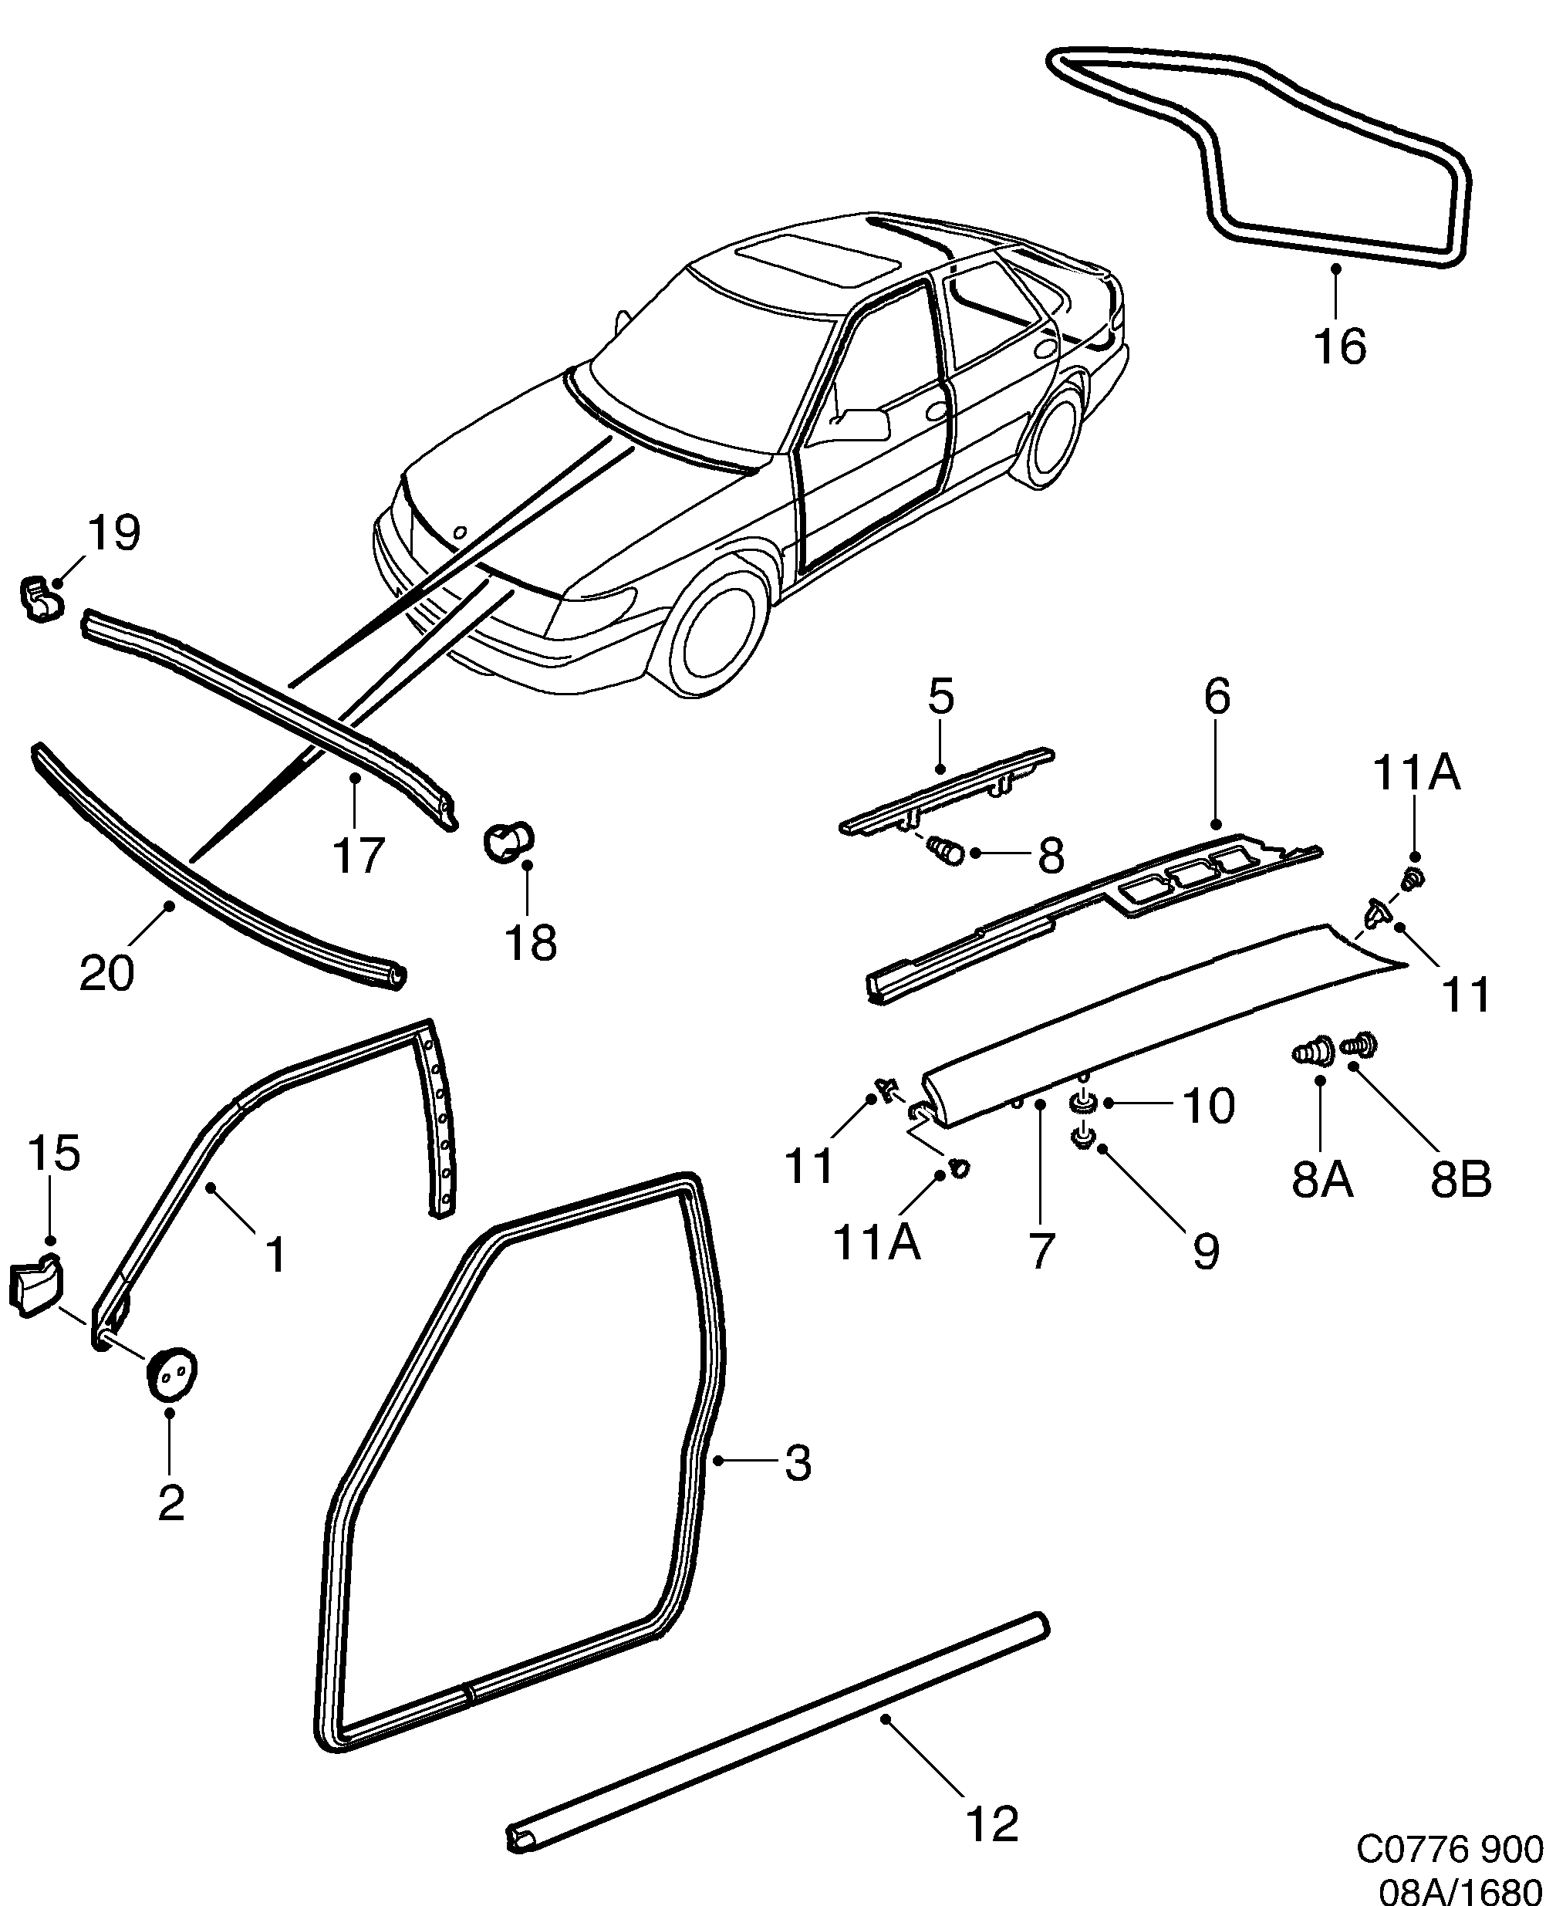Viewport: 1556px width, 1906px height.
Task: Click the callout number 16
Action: tap(1340, 346)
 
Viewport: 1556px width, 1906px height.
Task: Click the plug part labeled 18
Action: tap(508, 842)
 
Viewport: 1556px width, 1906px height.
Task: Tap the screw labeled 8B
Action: tap(1361, 1046)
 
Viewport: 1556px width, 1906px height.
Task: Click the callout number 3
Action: tap(797, 1463)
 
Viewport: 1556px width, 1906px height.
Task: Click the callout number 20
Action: tap(106, 973)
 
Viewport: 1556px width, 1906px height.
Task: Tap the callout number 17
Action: tap(359, 854)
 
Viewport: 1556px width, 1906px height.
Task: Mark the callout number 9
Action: tap(1206, 1252)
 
